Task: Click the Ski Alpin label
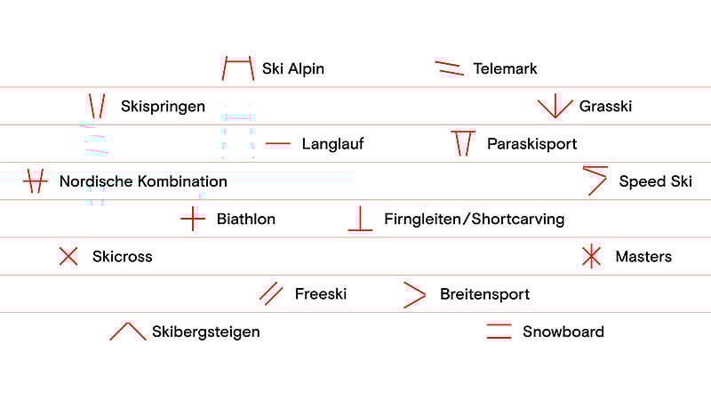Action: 293,69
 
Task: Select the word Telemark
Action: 505,69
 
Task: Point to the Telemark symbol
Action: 449,68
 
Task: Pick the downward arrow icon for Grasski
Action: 555,106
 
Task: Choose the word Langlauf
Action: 332,144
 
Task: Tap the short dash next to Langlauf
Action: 278,144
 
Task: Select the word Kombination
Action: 182,181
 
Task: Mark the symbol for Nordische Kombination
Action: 36,181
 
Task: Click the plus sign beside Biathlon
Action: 193,219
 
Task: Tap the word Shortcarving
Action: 518,219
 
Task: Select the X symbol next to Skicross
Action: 68,256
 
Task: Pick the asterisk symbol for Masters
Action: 591,256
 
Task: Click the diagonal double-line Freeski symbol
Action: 271,294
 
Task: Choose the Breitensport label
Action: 484,294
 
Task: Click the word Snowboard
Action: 563,332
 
